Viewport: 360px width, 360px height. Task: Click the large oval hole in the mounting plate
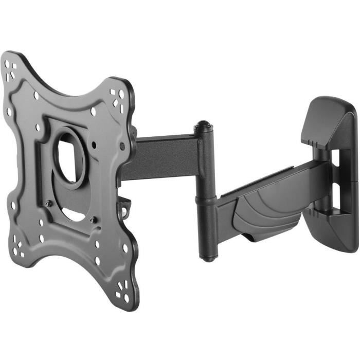[x=70, y=159]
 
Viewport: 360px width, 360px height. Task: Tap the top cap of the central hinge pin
[x=203, y=125]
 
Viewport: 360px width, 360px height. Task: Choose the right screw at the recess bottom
[x=93, y=220]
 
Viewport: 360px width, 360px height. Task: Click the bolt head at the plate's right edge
[x=122, y=147]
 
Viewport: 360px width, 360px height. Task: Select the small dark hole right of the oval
[x=96, y=145]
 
